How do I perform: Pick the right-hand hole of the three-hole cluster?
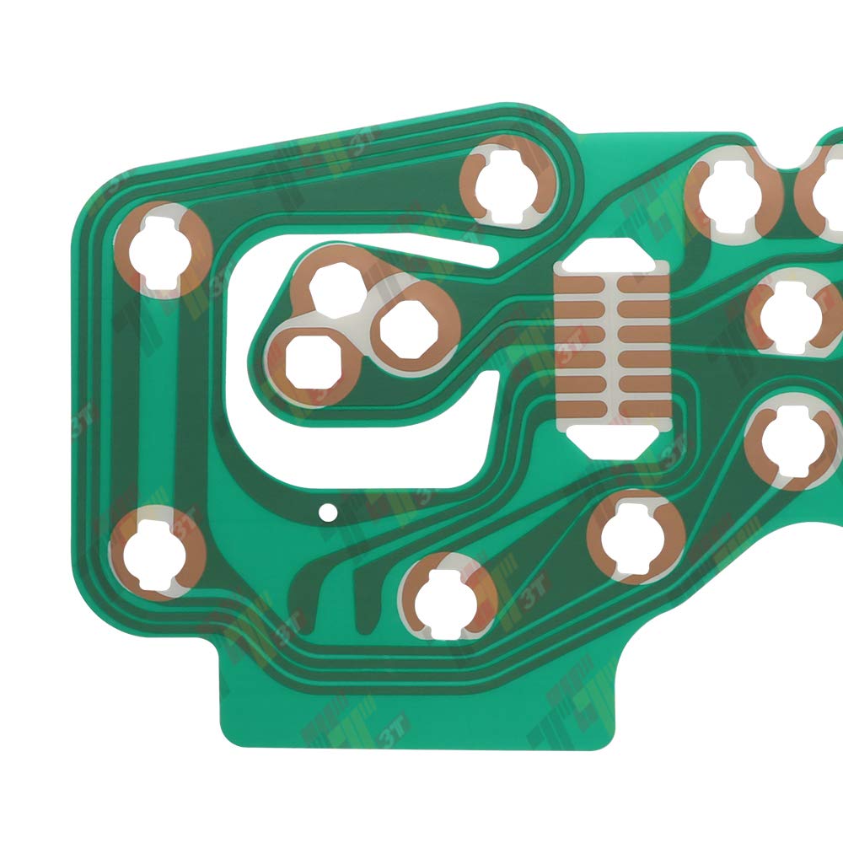coord(406,327)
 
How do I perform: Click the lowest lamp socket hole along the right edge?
coord(792,443)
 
